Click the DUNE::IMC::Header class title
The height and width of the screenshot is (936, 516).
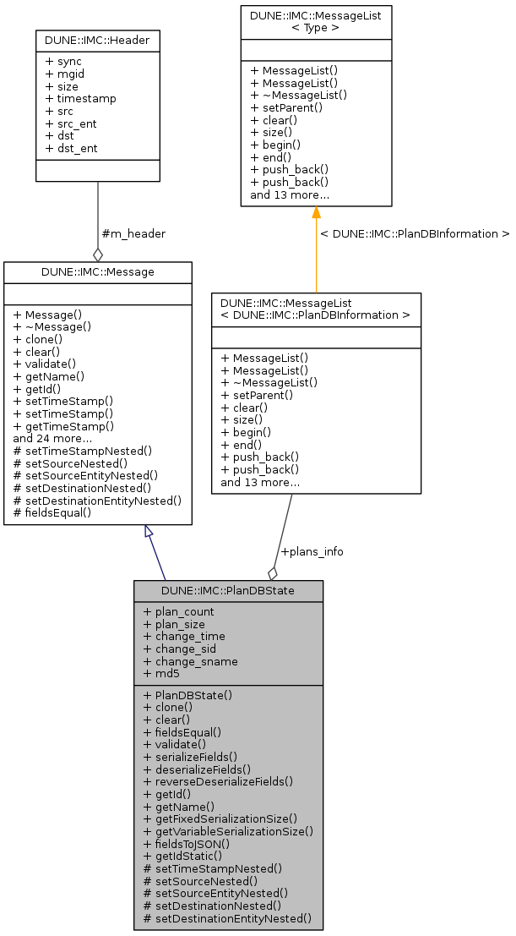click(x=98, y=40)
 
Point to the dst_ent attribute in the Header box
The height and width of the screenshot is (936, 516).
click(x=72, y=148)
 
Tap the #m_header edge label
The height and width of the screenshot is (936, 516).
click(x=133, y=233)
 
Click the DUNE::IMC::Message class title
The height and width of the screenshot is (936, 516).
click(x=98, y=271)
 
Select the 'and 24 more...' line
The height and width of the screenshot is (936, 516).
click(x=52, y=438)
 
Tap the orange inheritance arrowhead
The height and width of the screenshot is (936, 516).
click(x=316, y=213)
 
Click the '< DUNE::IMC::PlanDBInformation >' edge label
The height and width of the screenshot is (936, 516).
click(x=415, y=233)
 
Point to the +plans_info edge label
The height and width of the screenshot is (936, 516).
click(x=312, y=551)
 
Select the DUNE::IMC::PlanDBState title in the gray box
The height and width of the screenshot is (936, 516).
click(x=228, y=590)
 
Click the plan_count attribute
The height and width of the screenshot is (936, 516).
click(x=178, y=612)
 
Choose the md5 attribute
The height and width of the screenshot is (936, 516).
click(x=161, y=674)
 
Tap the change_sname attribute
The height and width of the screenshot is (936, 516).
click(x=190, y=661)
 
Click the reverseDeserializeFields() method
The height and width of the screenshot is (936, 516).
click(x=218, y=781)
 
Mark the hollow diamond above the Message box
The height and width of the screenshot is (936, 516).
click(x=98, y=253)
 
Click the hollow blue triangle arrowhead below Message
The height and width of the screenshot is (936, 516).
click(x=149, y=532)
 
